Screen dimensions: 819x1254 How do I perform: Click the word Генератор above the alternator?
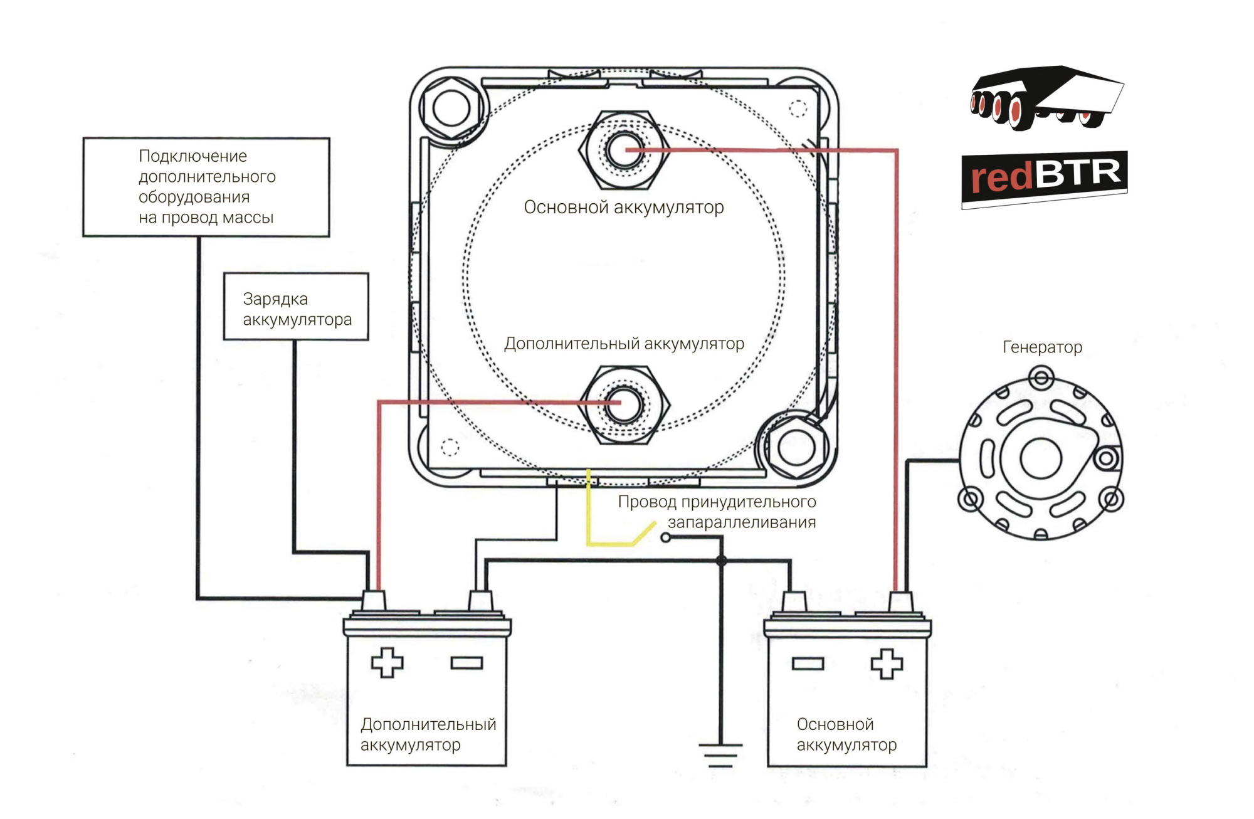tap(1042, 347)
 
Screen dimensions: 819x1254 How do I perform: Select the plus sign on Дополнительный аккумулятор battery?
tap(387, 662)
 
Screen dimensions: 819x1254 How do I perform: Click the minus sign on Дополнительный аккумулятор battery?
tap(466, 663)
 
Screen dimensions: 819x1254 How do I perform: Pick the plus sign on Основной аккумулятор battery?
tap(887, 663)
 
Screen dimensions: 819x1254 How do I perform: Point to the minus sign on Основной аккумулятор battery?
tap(808, 663)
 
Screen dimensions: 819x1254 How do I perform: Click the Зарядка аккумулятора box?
tap(296, 307)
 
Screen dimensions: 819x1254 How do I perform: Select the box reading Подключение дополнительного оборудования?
tap(206, 187)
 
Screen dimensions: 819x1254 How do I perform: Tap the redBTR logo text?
tap(1045, 176)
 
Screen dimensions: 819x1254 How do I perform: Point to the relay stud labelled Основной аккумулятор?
tap(624, 150)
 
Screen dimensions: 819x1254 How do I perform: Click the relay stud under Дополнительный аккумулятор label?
tap(623, 403)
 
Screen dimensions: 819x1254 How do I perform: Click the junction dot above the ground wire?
tap(721, 561)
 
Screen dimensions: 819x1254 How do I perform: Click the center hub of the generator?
tap(1040, 458)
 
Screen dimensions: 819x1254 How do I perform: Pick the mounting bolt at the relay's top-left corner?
tap(451, 108)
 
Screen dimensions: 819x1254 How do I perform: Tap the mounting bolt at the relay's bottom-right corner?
tap(796, 448)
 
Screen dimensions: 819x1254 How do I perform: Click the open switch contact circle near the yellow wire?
tap(666, 537)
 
